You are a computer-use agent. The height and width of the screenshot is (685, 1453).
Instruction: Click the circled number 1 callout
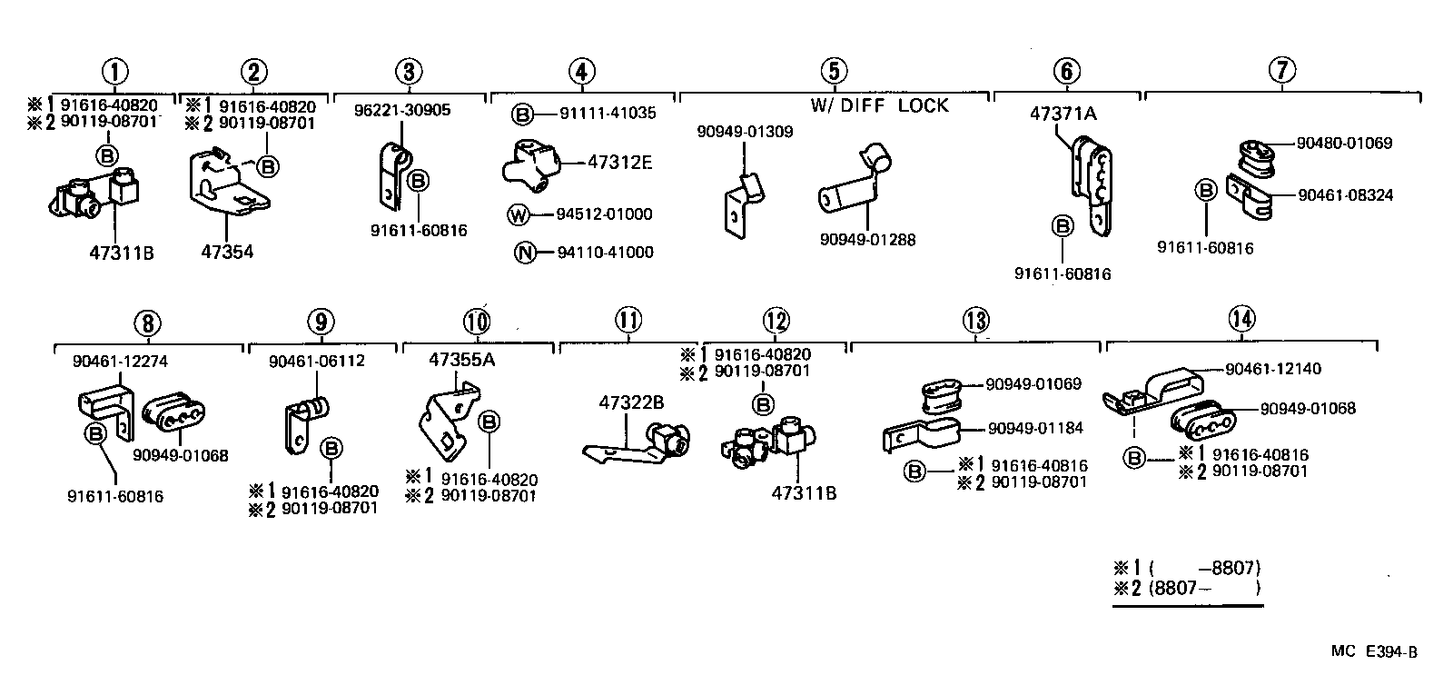115,72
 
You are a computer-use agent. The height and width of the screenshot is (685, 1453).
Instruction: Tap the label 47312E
620,163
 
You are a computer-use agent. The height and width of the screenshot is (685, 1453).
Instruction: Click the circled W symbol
518,214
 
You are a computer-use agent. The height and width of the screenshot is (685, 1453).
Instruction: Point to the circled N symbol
525,253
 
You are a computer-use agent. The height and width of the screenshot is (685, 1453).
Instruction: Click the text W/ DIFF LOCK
879,105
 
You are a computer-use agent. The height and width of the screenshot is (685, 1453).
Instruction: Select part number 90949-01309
745,132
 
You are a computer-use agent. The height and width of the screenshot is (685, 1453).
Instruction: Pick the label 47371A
1063,114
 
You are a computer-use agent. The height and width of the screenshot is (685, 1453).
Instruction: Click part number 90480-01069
1344,144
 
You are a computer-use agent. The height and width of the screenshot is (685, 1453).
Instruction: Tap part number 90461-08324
1345,195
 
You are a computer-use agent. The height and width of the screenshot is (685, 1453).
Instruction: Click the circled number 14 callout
1241,319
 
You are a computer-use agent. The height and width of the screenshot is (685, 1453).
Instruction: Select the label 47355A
461,360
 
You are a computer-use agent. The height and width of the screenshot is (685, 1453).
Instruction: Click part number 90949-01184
1035,428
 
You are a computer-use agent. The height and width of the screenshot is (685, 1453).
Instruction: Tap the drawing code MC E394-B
1374,651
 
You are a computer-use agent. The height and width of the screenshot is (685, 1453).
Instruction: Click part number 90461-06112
317,362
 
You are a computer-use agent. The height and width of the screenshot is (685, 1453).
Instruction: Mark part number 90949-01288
867,240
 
